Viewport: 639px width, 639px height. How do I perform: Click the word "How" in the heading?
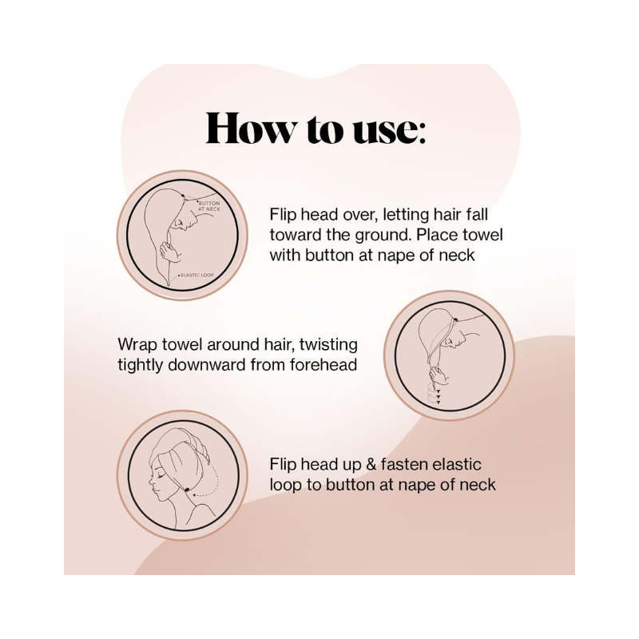pyautogui.click(x=252, y=129)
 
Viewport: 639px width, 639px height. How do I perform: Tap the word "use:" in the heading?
pyautogui.click(x=389, y=131)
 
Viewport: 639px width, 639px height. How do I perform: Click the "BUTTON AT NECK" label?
pyautogui.click(x=208, y=206)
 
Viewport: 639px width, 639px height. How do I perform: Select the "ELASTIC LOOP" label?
pyautogui.click(x=197, y=275)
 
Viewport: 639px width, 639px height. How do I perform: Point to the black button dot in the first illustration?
pyautogui.click(x=182, y=196)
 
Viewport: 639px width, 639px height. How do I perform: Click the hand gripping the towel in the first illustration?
pyautogui.click(x=169, y=251)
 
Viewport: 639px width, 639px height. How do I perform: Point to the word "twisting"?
pyautogui.click(x=328, y=344)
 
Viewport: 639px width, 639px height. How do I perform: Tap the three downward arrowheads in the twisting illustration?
pyautogui.click(x=439, y=396)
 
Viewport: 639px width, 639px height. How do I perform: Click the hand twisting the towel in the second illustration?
pyautogui.click(x=439, y=374)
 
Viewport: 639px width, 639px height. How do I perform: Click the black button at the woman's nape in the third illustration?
pyautogui.click(x=187, y=489)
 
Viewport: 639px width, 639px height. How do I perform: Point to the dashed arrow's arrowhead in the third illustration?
pyautogui.click(x=195, y=495)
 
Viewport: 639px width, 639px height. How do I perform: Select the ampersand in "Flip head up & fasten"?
pyautogui.click(x=371, y=465)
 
